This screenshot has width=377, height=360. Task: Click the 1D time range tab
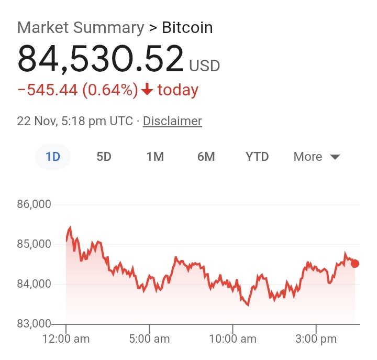53,157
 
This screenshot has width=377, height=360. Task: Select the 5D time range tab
104,157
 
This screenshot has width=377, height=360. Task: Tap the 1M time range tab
155,157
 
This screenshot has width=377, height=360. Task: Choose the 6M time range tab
206,157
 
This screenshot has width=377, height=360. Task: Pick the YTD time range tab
257,157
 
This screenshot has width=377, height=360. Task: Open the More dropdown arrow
335,157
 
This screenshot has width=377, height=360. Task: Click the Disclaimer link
172,121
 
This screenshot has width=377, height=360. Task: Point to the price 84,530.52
101,59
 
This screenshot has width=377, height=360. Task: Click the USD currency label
204,67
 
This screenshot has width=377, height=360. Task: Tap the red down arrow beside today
147,90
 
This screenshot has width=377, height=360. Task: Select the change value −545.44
47,90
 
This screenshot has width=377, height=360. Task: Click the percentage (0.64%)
110,90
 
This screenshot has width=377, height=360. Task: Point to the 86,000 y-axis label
34,204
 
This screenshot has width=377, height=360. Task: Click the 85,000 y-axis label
34,244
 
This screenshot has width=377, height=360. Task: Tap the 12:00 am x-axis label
65,339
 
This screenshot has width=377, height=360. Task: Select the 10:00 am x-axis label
232,339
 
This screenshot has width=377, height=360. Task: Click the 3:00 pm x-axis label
316,339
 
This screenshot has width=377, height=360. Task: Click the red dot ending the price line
355,263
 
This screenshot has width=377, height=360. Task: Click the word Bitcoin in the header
187,27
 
